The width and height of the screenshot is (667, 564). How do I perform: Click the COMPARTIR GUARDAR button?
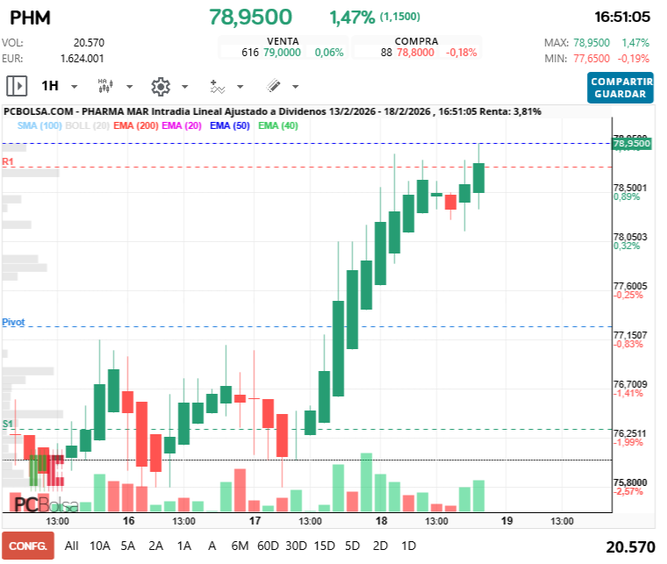coord(621,88)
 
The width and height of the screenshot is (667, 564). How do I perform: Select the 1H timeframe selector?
coord(50,86)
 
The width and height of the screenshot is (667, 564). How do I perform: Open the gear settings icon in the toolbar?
coord(160,86)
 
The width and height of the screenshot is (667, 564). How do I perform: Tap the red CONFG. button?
coord(27,545)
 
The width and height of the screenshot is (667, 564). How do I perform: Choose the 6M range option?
coord(240,545)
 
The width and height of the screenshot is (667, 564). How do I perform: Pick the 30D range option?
coord(296,545)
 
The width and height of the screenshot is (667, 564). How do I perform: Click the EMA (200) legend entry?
coord(135,125)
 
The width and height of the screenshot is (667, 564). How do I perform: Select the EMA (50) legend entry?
coord(232,125)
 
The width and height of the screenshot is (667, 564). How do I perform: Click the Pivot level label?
coord(13,323)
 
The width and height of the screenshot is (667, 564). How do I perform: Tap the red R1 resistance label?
coord(8,162)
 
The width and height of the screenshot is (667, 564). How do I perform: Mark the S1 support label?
coord(8,424)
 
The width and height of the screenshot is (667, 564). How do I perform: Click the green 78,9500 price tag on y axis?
coord(632,143)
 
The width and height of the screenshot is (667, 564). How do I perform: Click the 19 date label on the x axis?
coord(506,520)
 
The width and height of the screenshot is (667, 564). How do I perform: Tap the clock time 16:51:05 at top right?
coord(621,17)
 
